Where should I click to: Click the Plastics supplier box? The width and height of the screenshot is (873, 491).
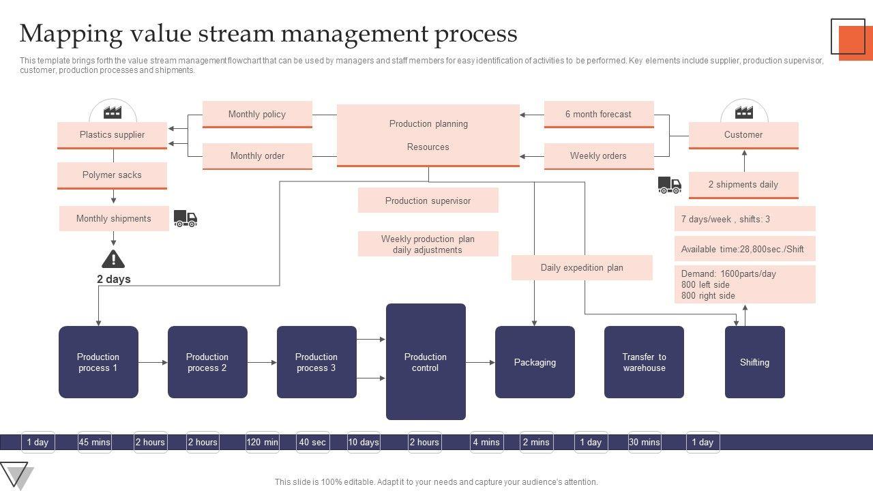coord(112,135)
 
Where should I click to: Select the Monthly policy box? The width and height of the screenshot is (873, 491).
coord(257,115)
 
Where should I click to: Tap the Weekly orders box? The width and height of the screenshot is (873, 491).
coord(598,156)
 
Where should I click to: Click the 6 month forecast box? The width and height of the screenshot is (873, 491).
coord(598,115)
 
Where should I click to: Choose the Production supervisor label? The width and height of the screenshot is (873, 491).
coord(428,200)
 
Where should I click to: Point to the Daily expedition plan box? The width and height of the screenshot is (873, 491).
coord(582,268)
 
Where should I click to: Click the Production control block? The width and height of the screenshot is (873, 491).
coord(426,362)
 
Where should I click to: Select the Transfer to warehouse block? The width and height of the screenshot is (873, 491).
coord(644,362)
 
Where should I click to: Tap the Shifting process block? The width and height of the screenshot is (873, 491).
coord(754,362)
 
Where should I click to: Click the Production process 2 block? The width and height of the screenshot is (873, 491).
coord(207,362)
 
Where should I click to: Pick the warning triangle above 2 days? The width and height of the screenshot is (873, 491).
coord(113,259)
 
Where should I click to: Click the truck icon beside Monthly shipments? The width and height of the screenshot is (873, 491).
coord(186,218)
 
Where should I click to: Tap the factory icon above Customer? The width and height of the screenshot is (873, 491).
coord(744,112)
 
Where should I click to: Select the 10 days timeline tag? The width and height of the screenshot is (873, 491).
coord(364,442)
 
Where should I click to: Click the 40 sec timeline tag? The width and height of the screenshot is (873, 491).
coord(312,442)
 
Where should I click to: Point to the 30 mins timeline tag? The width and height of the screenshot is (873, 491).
coord(644,442)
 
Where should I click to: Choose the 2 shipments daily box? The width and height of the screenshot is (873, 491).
coord(743,185)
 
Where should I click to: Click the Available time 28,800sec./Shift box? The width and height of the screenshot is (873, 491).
coord(744,249)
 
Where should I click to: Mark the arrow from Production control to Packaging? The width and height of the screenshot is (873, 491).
coord(480,363)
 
